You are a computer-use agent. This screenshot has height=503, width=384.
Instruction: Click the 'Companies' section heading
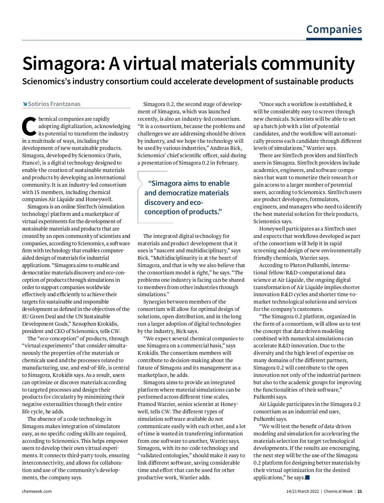(334, 29)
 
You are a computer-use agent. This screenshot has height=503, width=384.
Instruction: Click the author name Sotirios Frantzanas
(54, 104)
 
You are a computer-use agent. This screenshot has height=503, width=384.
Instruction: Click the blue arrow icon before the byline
(25, 104)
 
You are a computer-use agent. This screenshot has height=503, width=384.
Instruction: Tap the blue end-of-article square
(308, 478)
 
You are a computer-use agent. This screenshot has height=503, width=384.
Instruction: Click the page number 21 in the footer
(360, 491)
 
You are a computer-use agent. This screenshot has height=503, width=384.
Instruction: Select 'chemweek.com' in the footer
(37, 491)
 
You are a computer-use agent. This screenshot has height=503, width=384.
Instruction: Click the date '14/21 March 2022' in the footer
(302, 491)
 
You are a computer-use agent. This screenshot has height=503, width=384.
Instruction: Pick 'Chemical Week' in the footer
(338, 491)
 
